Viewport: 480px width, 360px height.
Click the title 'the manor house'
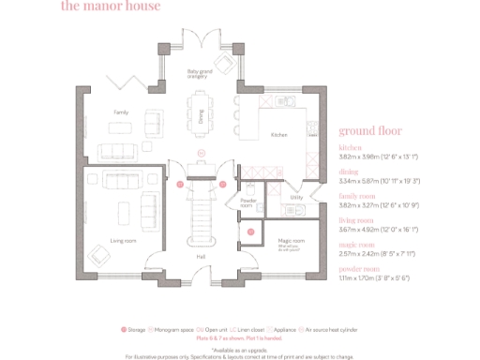point(110,7)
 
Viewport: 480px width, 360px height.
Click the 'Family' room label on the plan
point(121,112)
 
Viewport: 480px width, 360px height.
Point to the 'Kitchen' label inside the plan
point(278,135)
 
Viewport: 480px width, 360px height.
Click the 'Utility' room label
point(296,198)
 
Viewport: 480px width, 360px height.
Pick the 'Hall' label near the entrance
point(201,256)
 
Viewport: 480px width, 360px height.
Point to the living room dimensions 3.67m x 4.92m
point(384,229)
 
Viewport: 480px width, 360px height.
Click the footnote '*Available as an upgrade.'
point(239,349)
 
